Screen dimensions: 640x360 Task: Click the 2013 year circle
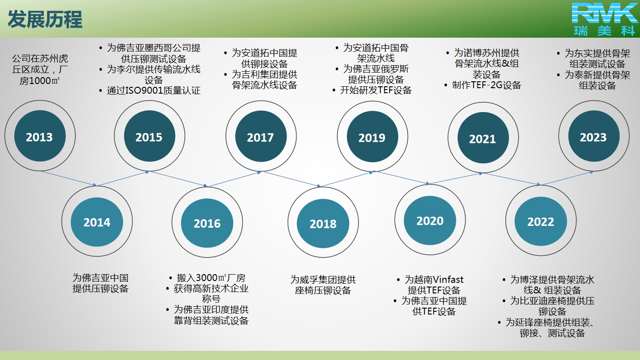tap(40, 136)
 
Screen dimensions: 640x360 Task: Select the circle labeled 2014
tap(97, 222)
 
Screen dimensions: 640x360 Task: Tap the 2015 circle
tap(149, 136)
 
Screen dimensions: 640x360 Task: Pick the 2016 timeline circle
tap(207, 223)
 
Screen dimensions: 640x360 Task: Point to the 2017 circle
tap(261, 136)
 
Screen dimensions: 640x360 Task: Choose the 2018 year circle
tap(323, 223)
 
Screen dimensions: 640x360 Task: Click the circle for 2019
tap(372, 137)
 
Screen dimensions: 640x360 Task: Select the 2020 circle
tap(430, 220)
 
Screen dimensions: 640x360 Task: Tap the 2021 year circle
tap(483, 138)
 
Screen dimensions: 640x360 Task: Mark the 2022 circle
tap(541, 221)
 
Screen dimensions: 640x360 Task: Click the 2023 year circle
tap(594, 136)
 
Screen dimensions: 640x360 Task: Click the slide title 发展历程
tap(45, 19)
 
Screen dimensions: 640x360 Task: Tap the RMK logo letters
tap(604, 13)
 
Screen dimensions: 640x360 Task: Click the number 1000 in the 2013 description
tap(40, 81)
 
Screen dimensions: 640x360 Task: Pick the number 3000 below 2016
tap(207, 278)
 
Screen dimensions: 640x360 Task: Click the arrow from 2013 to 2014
tap(68, 179)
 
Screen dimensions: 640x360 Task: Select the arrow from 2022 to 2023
tap(567, 178)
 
